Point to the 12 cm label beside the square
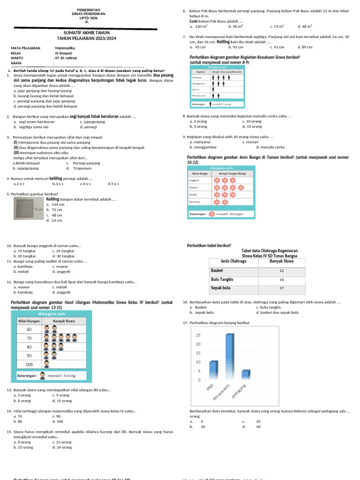pyautogui.click(x=38, y=209)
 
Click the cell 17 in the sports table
pyautogui.click(x=282, y=288)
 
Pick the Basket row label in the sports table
pyautogui.click(x=217, y=270)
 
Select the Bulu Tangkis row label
pyautogui.click(x=222, y=279)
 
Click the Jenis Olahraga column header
pyautogui.click(x=233, y=261)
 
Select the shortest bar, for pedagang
pyautogui.click(x=246, y=374)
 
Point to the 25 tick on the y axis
pyautogui.click(x=198, y=335)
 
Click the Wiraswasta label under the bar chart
pyautogui.click(x=221, y=391)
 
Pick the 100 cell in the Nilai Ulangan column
pyautogui.click(x=29, y=364)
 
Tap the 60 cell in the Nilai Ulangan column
pyautogui.click(x=29, y=329)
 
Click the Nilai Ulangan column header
pyautogui.click(x=29, y=321)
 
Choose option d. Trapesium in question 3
pyautogui.click(x=80, y=168)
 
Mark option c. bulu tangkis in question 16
pyautogui.click(x=269, y=307)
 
